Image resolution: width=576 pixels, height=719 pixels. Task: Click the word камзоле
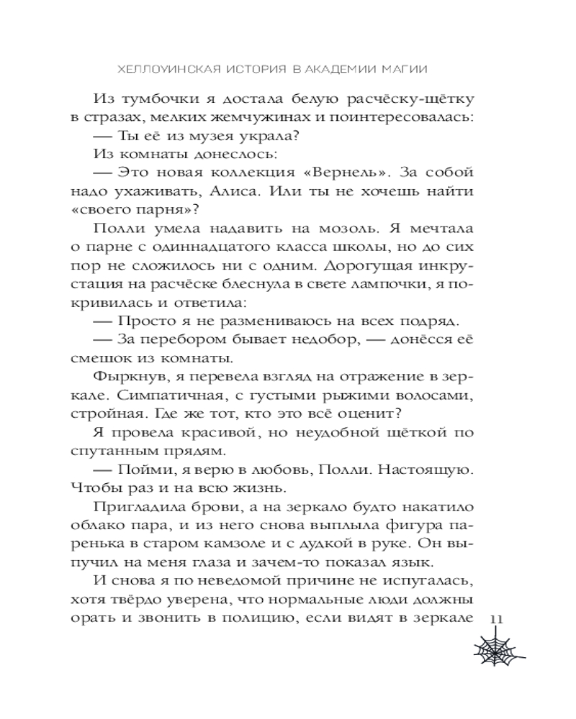coord(279,546)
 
